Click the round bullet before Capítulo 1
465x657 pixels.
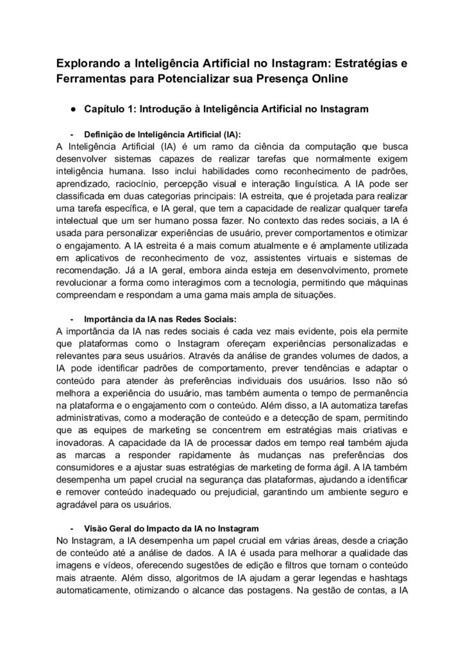74,110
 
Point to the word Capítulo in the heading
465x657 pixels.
105,110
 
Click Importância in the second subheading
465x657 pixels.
111,319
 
